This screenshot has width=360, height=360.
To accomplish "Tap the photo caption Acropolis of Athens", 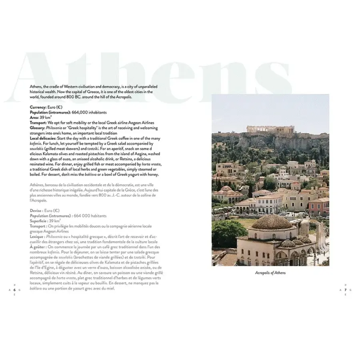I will click(x=270, y=273).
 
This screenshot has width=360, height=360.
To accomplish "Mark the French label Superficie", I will click(x=40, y=220).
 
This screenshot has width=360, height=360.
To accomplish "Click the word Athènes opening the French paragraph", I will click(x=38, y=185).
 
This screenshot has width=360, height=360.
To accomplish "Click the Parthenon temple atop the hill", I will click(x=264, y=129).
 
